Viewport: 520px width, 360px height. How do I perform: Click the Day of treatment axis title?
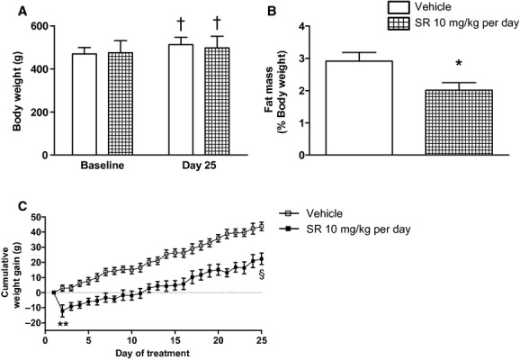click(x=151, y=354)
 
